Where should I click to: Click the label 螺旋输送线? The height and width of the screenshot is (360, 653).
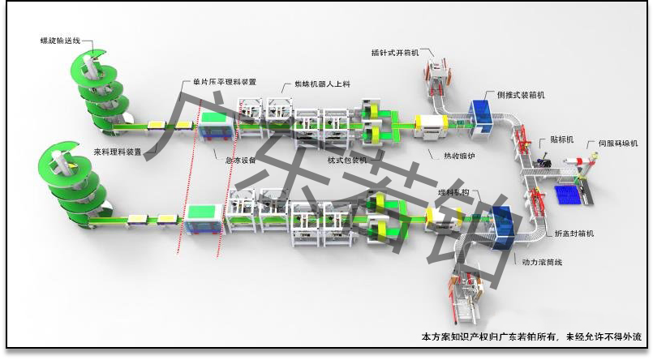tap(61, 38)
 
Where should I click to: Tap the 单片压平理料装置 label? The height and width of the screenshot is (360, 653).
tap(225, 81)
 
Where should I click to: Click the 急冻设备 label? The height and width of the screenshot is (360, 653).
tap(240, 160)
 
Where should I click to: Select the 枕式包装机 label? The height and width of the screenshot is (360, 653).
tap(347, 160)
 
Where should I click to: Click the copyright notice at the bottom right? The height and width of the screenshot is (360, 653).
tap(532, 336)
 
